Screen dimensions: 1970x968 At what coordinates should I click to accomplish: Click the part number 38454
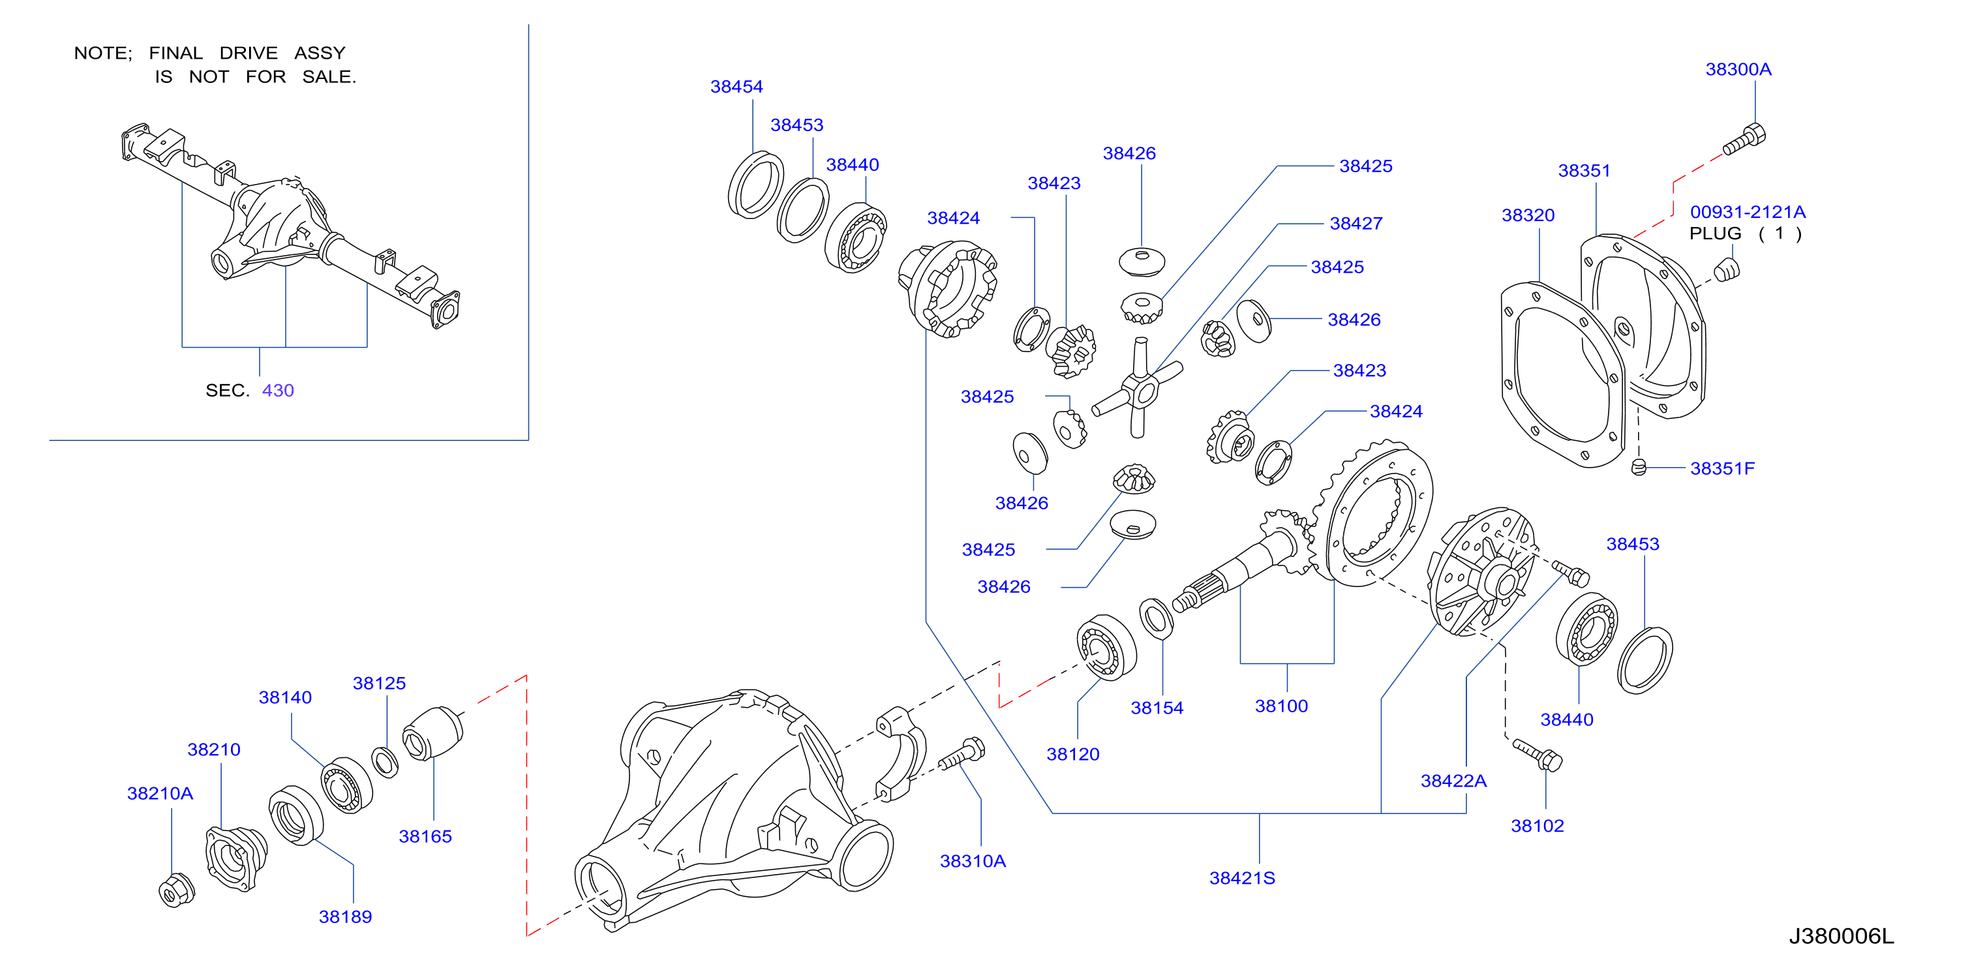pos(736,86)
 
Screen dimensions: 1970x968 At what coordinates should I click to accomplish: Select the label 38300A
pos(1738,68)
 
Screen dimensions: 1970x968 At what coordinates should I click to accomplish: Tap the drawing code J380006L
pos(1841,936)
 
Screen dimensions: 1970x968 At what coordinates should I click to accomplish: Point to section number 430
pos(278,390)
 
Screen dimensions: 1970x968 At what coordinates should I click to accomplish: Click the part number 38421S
pos(1242,878)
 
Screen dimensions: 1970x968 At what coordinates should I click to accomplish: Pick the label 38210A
pos(160,793)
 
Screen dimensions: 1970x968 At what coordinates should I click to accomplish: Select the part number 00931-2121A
pos(1748,212)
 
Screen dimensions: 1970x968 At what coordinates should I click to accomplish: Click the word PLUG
pos(1716,234)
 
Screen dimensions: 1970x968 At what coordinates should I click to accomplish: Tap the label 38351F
pos(1722,468)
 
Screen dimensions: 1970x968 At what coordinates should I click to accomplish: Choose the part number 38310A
pos(973,861)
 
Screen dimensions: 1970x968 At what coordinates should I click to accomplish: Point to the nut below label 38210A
pos(176,890)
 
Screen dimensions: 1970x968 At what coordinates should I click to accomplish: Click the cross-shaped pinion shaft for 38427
pos(1137,388)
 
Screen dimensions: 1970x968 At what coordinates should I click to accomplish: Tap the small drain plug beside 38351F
pos(1638,466)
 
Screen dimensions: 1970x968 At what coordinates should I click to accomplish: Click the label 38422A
pos(1453,781)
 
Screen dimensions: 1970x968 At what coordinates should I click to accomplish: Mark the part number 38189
pos(345,916)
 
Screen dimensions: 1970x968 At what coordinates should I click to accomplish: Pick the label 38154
pos(1157,708)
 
